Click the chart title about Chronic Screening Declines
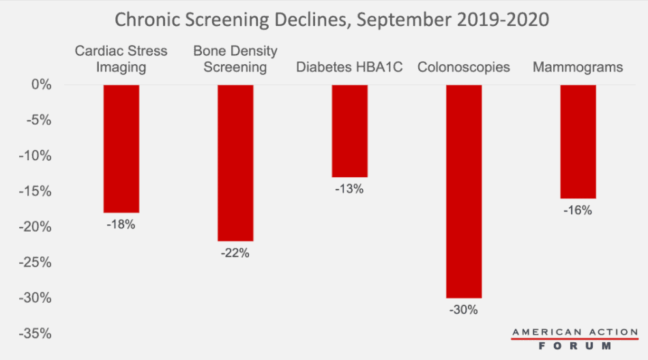pos(332,18)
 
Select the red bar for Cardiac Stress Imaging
pos(121,149)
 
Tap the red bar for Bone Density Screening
pos(235,162)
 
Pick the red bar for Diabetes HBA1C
pos(349,131)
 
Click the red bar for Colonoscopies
pos(464,191)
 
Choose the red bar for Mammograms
pos(578,141)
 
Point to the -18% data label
pos(121,224)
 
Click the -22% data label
pos(235,253)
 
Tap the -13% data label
pos(349,189)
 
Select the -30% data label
pos(464,310)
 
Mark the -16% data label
pos(578,210)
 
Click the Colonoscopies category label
pos(464,67)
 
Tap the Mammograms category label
pos(578,67)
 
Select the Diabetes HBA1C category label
pos(349,67)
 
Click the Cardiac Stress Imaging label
pos(121,59)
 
